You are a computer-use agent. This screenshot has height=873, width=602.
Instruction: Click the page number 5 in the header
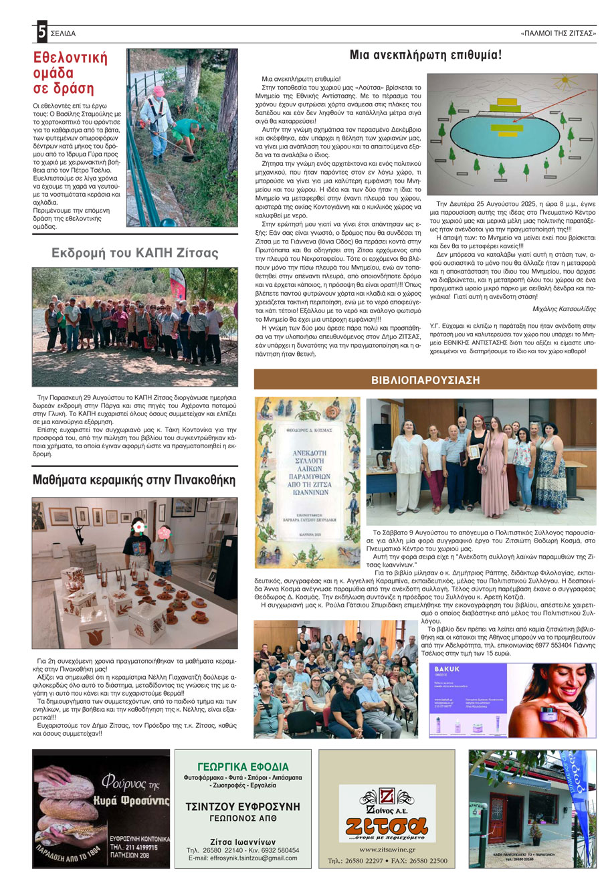[x=41, y=31]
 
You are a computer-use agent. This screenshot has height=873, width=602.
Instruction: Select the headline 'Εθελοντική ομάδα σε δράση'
[x=70, y=73]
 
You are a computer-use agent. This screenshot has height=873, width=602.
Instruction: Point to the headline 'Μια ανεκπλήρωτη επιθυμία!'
[x=425, y=55]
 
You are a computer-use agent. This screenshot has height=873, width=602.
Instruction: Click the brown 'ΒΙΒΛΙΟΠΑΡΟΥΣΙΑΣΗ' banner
[x=425, y=380]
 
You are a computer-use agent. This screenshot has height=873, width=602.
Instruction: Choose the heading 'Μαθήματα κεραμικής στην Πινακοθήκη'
[x=134, y=480]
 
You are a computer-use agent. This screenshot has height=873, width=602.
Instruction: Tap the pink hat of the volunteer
[x=159, y=90]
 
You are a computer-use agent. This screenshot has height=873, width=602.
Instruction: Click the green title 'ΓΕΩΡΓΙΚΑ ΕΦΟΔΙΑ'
[x=243, y=767]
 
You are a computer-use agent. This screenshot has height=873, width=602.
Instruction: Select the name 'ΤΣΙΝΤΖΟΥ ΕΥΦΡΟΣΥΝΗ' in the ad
[x=243, y=807]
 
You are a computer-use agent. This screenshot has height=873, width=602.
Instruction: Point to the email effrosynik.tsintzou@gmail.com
[x=243, y=858]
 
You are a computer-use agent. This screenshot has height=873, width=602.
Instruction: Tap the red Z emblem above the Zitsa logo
[x=387, y=796]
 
